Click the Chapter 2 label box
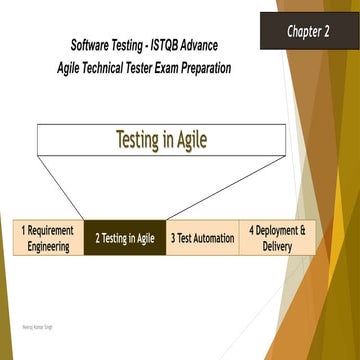pyautogui.click(x=309, y=30)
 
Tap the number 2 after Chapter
pyautogui.click(x=326, y=31)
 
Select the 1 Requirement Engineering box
pyautogui.click(x=48, y=237)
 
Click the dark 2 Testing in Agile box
pyautogui.click(x=125, y=238)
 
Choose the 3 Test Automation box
pyautogui.click(x=202, y=238)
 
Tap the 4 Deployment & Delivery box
pyautogui.click(x=277, y=237)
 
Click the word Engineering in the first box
pyautogui.click(x=48, y=245)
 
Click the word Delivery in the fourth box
pyautogui.click(x=277, y=245)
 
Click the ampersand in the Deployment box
pyautogui.click(x=302, y=230)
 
